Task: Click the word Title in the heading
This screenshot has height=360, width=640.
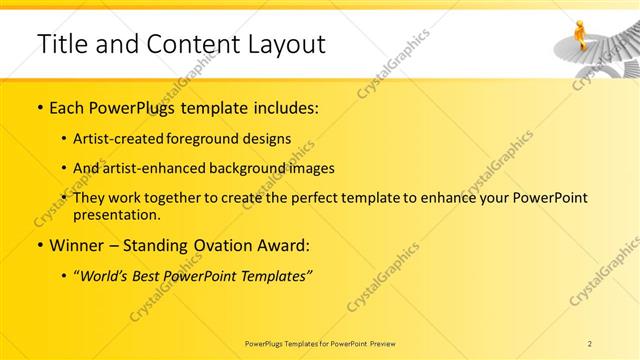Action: click(x=60, y=44)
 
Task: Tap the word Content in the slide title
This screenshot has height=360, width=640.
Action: click(x=188, y=44)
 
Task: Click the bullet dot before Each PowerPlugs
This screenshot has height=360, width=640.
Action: click(x=39, y=108)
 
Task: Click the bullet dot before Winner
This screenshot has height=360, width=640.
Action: click(x=39, y=245)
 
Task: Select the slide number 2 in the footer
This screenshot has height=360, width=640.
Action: click(x=591, y=342)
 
